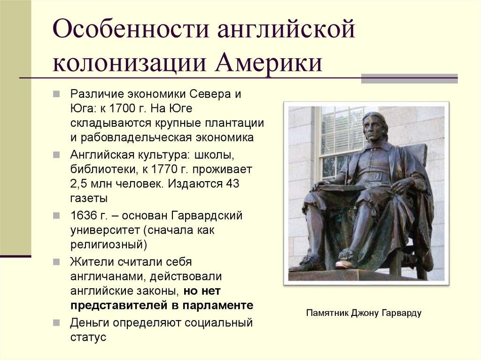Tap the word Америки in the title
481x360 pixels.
tap(269, 63)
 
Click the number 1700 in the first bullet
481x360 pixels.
tap(122, 108)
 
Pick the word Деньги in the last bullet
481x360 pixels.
tap(87, 323)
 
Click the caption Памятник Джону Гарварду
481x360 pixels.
tap(364, 313)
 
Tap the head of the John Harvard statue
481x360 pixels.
tap(375, 127)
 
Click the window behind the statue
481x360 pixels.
tap(338, 136)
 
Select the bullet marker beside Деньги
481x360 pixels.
tap(56, 323)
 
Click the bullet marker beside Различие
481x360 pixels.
tap(56, 93)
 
